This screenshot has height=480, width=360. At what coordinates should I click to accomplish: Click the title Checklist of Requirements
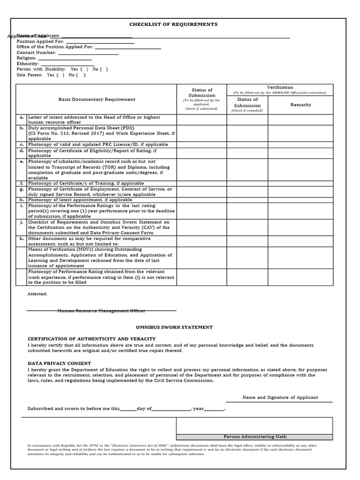tap(173, 24)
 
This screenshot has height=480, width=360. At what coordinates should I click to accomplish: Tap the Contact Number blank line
tap(88, 53)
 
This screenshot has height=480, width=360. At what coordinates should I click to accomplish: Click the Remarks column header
tap(300, 105)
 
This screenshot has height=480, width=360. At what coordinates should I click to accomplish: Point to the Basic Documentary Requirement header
tap(97, 99)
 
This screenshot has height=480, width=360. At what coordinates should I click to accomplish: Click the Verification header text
tap(280, 87)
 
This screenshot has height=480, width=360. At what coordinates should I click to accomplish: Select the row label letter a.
tap(22, 117)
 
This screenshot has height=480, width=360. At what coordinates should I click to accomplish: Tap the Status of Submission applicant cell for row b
tap(202, 133)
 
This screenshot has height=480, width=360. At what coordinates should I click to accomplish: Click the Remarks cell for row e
tap(300, 170)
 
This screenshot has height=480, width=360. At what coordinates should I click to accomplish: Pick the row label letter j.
tap(22, 222)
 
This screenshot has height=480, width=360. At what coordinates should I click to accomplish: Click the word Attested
tap(37, 294)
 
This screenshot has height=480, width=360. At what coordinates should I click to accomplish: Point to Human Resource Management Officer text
tap(101, 311)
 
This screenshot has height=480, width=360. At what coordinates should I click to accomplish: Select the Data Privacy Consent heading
tap(60, 363)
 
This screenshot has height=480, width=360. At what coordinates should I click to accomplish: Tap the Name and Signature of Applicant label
tap(280, 397)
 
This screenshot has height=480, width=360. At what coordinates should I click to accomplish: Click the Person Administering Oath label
tap(255, 436)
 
